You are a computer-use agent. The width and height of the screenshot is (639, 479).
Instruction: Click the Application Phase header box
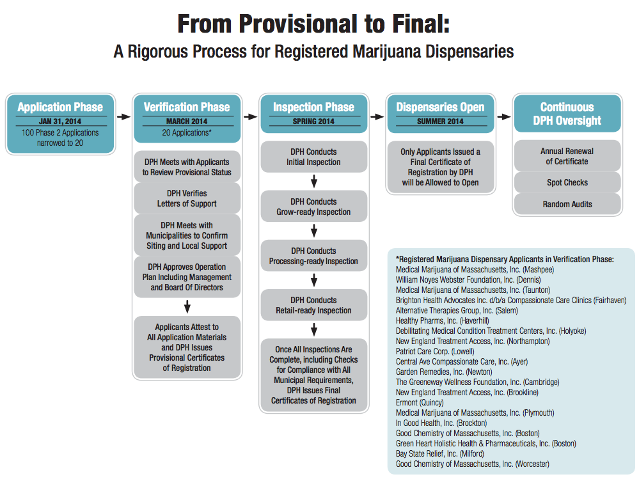coord(60,107)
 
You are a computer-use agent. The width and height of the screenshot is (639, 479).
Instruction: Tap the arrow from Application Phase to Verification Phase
coord(123,117)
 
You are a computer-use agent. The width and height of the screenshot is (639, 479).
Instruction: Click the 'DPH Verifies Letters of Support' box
coord(187,198)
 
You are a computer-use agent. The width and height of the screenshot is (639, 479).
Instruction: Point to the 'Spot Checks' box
coord(567,182)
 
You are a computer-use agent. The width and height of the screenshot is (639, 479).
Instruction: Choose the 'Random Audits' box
coord(567,204)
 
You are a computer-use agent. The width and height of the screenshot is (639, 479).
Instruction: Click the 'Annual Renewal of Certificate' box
coord(567,156)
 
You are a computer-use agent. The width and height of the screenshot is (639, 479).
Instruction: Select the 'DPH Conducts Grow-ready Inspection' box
coord(313,207)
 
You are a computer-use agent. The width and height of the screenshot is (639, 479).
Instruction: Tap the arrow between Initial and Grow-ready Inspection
coord(314,182)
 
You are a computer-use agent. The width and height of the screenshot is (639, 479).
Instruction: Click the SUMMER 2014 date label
coord(440,122)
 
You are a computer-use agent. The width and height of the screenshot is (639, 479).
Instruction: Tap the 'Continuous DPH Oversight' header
coord(567,113)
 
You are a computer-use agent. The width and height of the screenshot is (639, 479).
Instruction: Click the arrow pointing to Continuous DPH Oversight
coord(505,117)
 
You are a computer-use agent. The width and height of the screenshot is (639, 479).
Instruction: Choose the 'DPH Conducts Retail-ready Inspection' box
coord(313,305)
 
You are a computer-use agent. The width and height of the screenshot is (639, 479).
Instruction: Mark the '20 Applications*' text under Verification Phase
coord(187,133)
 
